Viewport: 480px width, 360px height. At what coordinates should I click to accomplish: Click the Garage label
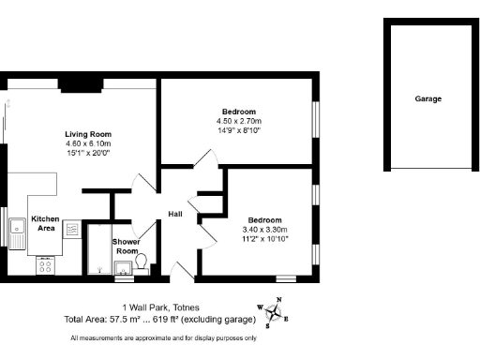(428, 98)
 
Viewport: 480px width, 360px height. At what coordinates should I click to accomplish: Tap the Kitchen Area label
(45, 223)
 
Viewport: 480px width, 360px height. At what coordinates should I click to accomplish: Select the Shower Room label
(127, 246)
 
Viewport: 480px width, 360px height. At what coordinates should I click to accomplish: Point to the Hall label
(175, 215)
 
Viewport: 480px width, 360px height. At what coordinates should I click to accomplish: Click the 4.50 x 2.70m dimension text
(239, 121)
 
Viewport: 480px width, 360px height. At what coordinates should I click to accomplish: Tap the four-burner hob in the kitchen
(44, 265)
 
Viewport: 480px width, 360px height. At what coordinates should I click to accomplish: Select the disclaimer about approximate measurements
(161, 337)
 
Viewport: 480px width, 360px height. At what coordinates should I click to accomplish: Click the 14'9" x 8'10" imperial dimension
(239, 130)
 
